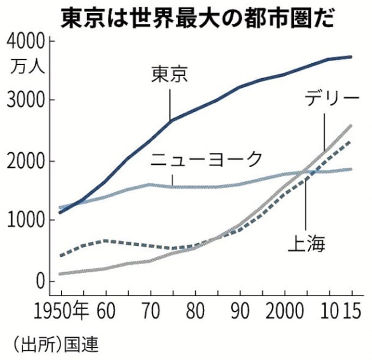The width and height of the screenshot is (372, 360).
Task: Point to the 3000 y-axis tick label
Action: coord(25,101)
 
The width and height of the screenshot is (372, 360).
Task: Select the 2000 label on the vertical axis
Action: coord(25,161)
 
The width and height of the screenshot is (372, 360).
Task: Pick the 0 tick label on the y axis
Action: coord(39,281)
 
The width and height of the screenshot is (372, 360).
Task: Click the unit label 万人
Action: coord(25,64)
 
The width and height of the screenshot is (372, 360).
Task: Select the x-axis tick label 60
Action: coord(106,313)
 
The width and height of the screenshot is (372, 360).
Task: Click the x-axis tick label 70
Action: coord(150,313)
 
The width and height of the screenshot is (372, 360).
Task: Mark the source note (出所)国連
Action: coord(52,345)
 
